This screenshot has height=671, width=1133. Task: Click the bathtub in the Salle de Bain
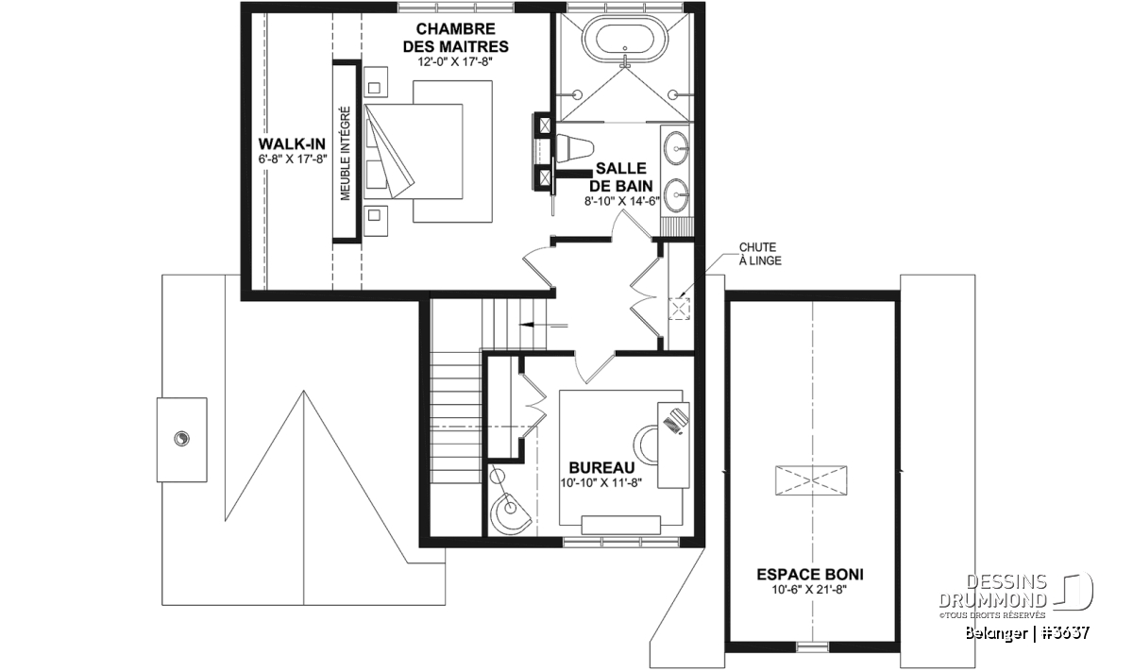pos(625,39)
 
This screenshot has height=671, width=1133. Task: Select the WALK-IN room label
pos(292,144)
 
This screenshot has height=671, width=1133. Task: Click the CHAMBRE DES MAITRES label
pos(456,38)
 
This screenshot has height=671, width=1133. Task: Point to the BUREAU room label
pos(601,467)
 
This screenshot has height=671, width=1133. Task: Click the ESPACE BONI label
pos(810,575)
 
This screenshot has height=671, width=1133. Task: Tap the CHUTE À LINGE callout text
pos(760,254)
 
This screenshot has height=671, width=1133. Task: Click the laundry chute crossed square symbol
pos(679,309)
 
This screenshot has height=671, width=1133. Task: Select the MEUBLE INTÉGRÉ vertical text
pos(346,153)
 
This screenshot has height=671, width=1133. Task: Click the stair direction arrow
pos(544,326)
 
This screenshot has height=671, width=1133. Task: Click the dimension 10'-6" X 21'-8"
pos(809,590)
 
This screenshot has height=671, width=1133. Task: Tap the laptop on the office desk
pos(676,421)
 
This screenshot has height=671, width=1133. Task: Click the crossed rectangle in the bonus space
pos(811,480)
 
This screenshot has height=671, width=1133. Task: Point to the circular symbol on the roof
pos(181,439)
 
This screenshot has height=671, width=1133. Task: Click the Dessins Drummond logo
pos(1016,596)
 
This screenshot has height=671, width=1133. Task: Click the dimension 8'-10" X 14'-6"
pos(622,201)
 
